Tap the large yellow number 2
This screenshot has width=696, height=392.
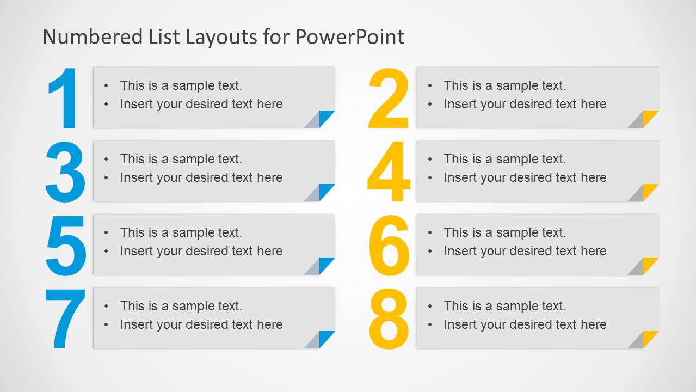[388, 99]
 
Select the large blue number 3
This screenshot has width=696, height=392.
[65, 172]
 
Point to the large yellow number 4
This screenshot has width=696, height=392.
[388, 172]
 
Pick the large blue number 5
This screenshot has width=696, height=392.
[65, 246]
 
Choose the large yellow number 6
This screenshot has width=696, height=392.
[389, 246]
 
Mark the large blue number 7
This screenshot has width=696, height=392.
[65, 319]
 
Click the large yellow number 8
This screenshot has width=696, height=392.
[389, 319]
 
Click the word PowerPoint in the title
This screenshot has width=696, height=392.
[350, 37]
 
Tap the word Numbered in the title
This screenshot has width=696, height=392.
[84, 37]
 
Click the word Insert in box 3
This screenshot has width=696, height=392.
[136, 177]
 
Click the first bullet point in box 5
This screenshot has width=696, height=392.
[107, 233]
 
